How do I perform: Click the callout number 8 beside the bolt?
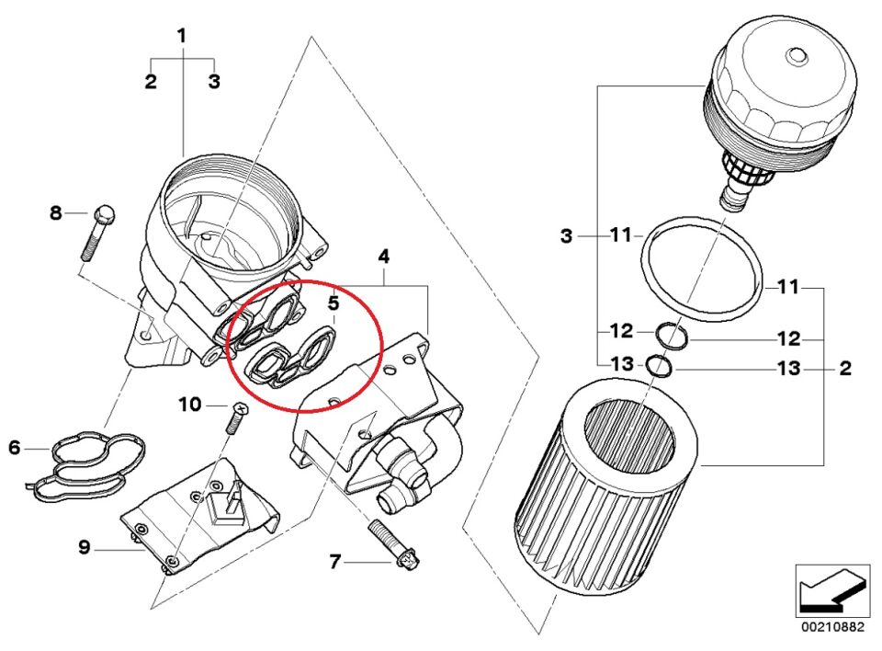[x=56, y=213]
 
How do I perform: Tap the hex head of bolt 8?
[x=105, y=213]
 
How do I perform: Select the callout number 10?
[x=189, y=405]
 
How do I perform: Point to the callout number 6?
[x=15, y=449]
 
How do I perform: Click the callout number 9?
[x=84, y=547]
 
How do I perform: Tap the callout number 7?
[x=335, y=562]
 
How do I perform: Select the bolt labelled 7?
[x=394, y=543]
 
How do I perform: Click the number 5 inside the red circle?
[x=334, y=303]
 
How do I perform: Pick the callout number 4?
[x=384, y=257]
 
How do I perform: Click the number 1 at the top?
[x=182, y=36]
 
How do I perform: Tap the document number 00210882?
[x=833, y=627]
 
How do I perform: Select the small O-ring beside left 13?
[x=659, y=366]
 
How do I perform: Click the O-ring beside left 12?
[x=672, y=336]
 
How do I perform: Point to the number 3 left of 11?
[x=567, y=235]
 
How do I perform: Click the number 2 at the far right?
[x=845, y=369]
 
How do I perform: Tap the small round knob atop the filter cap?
[x=796, y=56]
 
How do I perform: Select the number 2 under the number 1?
[x=150, y=81]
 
